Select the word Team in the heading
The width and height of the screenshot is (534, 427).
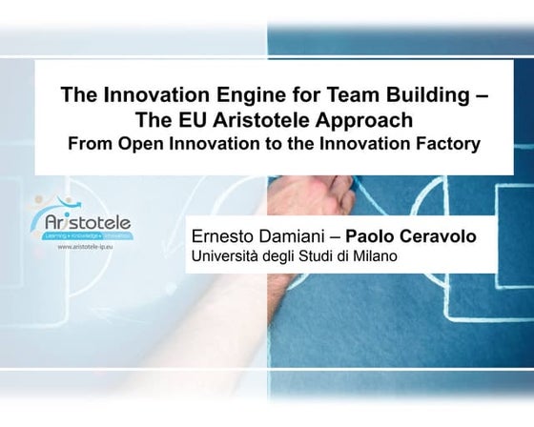[x=335, y=95]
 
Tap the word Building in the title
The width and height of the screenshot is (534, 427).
[x=412, y=95]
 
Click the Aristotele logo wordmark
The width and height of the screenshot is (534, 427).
[x=85, y=222]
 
